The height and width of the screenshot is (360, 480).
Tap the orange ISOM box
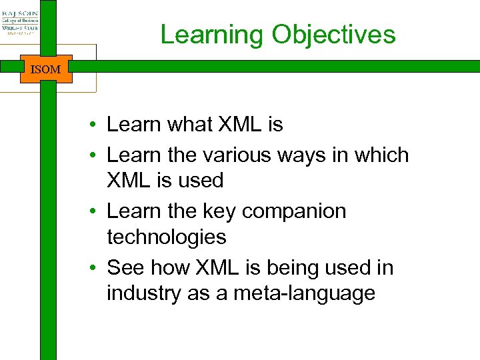pyautogui.click(x=45, y=69)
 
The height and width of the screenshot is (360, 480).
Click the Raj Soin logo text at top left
pyautogui.click(x=20, y=13)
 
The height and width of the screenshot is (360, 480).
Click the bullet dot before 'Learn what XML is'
pyautogui.click(x=97, y=125)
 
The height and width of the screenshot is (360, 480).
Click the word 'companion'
pyautogui.click(x=294, y=211)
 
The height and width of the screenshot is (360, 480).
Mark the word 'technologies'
pyautogui.click(x=166, y=237)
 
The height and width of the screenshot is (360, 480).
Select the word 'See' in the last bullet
pyautogui.click(x=125, y=267)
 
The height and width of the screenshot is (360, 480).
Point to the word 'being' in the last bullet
pyautogui.click(x=294, y=267)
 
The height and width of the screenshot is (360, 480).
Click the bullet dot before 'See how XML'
pyautogui.click(x=97, y=268)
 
